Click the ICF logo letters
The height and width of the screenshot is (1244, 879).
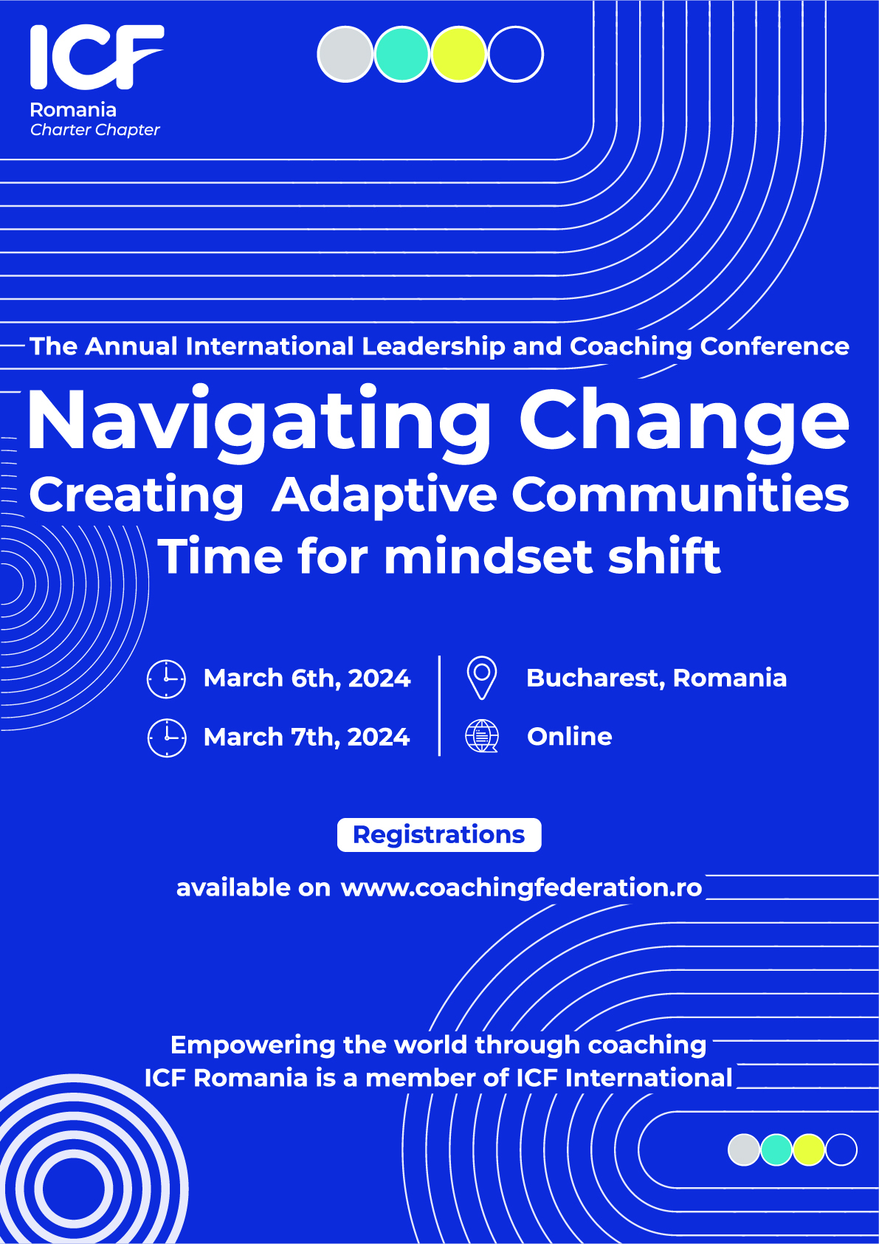97,57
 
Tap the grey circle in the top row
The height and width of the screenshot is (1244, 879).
345,54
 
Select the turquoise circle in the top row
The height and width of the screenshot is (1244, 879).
402,54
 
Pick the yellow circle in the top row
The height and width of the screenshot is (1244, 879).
458,54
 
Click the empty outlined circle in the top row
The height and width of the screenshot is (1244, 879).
516,54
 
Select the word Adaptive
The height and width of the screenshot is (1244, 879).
384,494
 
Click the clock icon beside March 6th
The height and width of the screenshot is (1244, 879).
166,678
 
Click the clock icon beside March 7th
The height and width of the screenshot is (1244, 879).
167,738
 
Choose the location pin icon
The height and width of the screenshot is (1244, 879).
482,678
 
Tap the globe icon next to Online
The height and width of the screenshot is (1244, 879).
481,736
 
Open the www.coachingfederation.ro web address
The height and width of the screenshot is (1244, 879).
521,887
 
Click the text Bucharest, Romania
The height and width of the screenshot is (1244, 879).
656,678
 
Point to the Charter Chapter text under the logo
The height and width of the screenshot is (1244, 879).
95,130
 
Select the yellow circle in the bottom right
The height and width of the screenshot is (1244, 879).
808,1150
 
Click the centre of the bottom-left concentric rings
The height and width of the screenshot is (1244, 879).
74,1189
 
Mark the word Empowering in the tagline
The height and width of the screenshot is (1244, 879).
252,1045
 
